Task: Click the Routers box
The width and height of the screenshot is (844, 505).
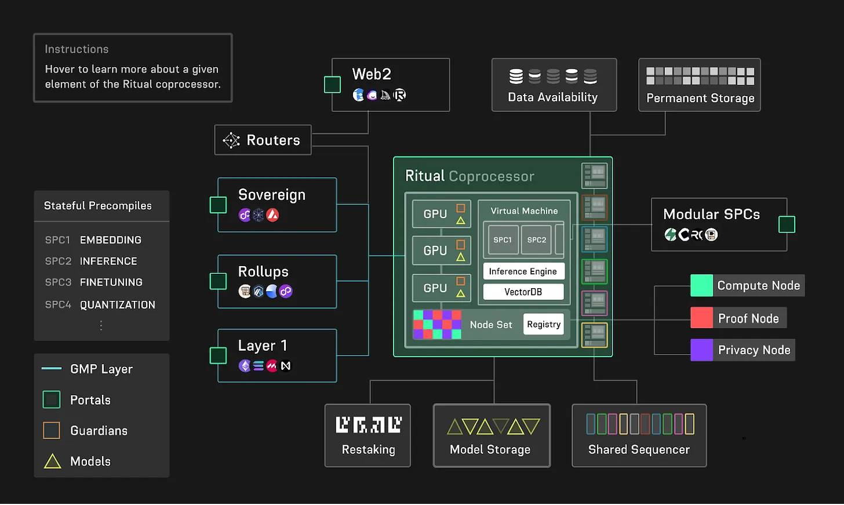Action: (x=263, y=140)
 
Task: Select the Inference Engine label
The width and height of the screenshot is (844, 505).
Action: (x=523, y=271)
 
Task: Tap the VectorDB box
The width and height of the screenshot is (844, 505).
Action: (x=523, y=292)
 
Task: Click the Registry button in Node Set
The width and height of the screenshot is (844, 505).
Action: (x=544, y=324)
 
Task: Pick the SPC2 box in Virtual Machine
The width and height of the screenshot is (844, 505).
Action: (x=536, y=239)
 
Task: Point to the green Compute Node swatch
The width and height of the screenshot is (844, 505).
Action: (x=701, y=285)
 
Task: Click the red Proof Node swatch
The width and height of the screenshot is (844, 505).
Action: (x=701, y=318)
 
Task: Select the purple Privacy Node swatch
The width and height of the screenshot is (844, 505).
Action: (x=701, y=350)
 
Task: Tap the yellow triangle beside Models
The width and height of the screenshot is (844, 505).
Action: (x=52, y=462)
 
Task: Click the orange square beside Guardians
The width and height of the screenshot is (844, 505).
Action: (x=52, y=430)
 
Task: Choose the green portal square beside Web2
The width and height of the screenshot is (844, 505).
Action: (x=332, y=85)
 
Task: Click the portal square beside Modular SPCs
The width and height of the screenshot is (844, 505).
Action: (x=787, y=224)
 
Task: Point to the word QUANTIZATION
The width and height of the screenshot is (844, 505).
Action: (x=118, y=304)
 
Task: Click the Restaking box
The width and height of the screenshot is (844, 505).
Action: (x=368, y=435)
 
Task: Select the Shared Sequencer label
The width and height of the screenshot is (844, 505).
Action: (x=639, y=450)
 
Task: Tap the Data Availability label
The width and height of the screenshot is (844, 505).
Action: (x=552, y=97)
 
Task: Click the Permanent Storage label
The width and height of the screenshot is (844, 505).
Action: (x=700, y=98)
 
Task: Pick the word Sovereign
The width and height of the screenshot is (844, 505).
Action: (x=271, y=195)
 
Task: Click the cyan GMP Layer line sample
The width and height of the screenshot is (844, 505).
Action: (x=52, y=368)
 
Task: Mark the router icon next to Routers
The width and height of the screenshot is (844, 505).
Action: (x=231, y=140)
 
